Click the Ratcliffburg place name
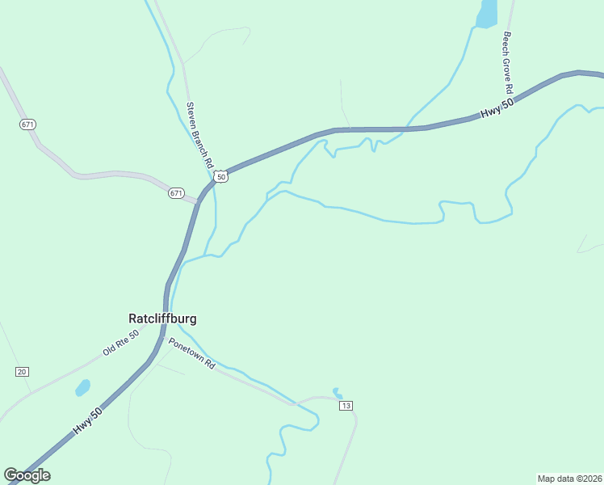point(162,318)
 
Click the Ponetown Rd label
point(191,354)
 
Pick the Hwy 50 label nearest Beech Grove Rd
point(497,109)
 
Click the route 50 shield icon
point(221,175)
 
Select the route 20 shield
point(22,371)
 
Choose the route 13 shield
point(346,405)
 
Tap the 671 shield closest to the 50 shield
point(176,193)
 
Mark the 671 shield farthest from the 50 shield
point(28,124)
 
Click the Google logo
point(27,475)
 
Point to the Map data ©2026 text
point(569,478)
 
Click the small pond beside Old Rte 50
point(82,388)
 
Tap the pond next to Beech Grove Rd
point(487,14)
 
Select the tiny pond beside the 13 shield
point(337,393)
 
